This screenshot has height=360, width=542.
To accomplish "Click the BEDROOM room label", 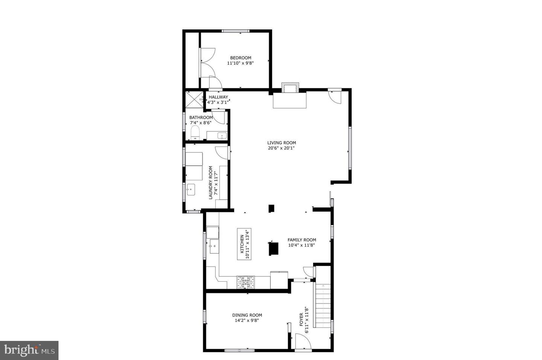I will coord(241,58).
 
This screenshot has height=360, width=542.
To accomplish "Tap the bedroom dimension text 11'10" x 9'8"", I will coord(241,63).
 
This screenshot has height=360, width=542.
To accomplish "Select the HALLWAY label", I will coord(218,97).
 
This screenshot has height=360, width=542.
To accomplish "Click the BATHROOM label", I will coord(201,117).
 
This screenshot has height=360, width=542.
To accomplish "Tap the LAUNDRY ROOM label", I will coord(211,183).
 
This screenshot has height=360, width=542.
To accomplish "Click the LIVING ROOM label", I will coord(282,143).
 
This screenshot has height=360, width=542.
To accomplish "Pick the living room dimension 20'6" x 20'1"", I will coord(281,148).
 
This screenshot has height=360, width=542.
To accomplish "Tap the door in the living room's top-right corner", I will coord(335,96).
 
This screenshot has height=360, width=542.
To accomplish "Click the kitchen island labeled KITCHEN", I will coord(244,244).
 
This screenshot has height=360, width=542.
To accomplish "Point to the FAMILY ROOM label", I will coord(302,240).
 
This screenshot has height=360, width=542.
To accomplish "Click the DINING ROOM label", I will coord(247,315).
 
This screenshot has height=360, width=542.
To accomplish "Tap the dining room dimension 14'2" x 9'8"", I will coord(247,320).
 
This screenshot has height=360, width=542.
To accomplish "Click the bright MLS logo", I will coord(29,351).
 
